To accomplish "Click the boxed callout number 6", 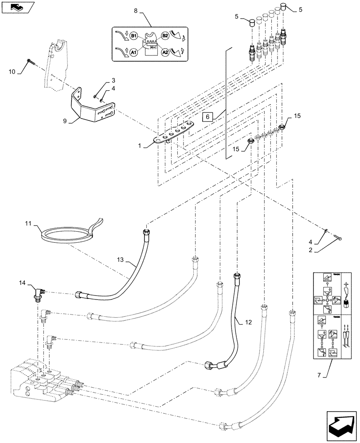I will [x=207, y=117].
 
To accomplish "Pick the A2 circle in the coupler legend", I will [x=164, y=52].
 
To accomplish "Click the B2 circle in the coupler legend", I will [x=164, y=35].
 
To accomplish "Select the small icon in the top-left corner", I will [x=16, y=7].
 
